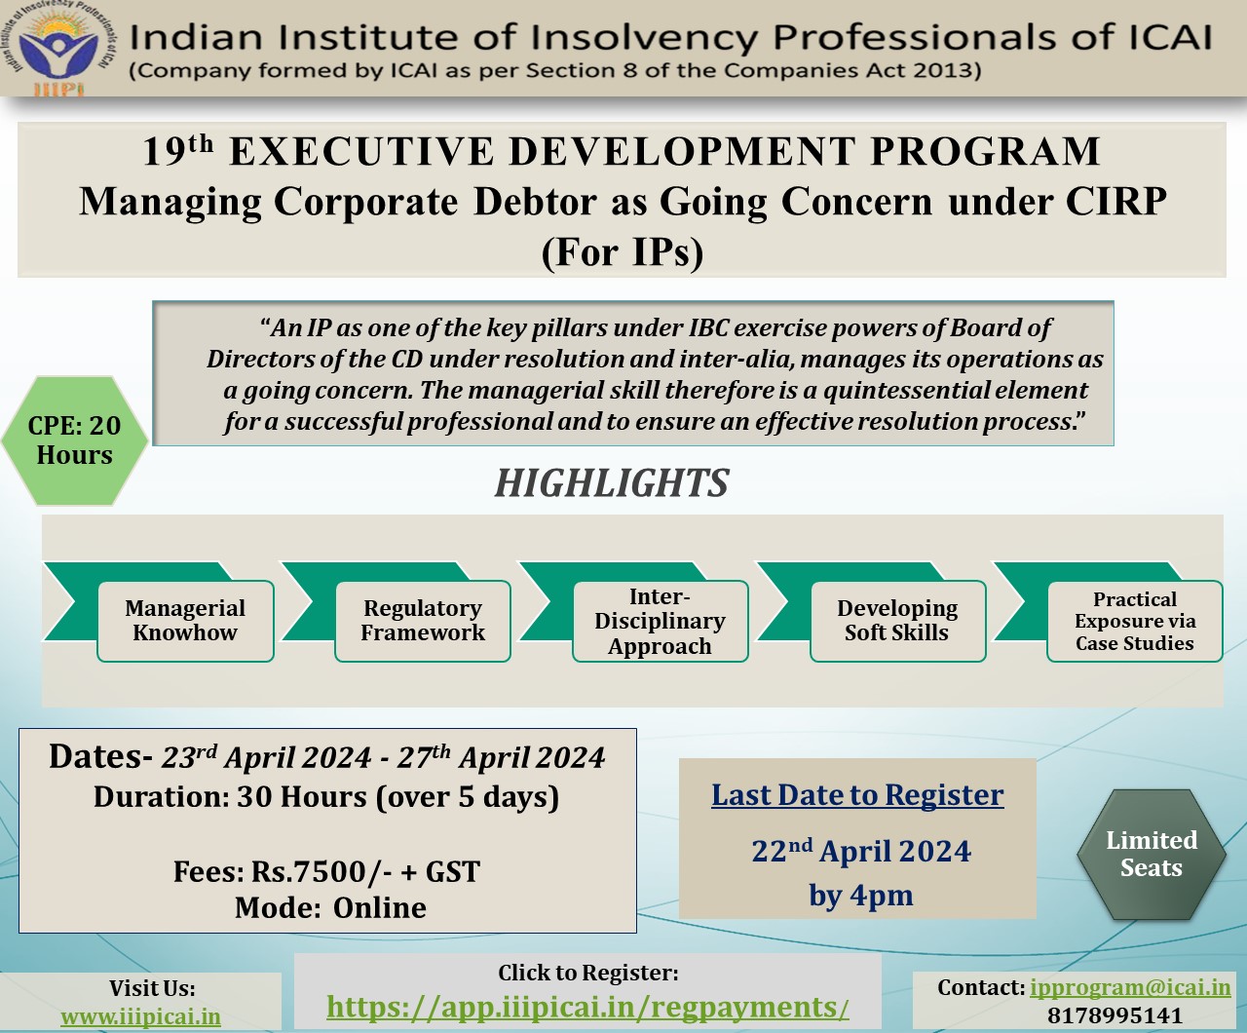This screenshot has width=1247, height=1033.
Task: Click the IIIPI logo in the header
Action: (x=57, y=48)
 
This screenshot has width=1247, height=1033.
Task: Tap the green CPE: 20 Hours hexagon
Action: (x=75, y=440)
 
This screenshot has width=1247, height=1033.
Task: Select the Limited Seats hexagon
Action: (x=1152, y=854)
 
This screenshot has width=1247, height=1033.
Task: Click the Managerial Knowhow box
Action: (x=185, y=621)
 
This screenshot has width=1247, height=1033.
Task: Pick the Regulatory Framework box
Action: (x=423, y=621)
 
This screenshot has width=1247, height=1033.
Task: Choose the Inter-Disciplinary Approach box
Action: (x=660, y=621)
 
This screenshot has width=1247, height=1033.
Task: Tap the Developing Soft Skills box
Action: (x=897, y=621)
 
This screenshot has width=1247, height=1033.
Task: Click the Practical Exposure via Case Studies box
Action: (x=1135, y=621)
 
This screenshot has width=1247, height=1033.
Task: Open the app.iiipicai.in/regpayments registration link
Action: (x=587, y=1008)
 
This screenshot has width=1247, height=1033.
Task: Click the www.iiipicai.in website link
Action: (x=141, y=1016)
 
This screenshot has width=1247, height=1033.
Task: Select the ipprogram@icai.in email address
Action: (x=1130, y=987)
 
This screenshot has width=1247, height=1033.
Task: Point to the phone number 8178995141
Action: (x=1115, y=1015)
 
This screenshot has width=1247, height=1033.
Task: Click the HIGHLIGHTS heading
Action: (x=612, y=482)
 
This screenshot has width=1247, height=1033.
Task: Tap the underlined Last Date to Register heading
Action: (x=857, y=795)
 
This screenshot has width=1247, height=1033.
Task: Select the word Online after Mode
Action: (x=380, y=907)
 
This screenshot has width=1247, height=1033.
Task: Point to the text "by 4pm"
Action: (x=861, y=896)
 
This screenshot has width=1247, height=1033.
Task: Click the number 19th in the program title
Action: (x=178, y=150)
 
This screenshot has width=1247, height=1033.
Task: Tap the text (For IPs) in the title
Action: (x=623, y=251)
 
